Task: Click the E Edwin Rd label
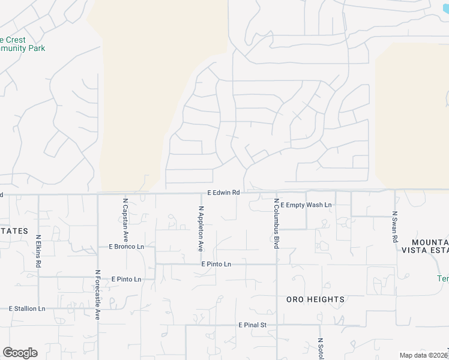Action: tap(223, 193)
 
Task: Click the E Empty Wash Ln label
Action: tap(306, 205)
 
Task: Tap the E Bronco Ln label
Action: tap(126, 247)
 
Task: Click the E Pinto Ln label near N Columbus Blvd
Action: tap(216, 264)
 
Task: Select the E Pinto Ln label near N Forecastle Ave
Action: tap(126, 279)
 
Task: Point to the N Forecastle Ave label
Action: tap(97, 294)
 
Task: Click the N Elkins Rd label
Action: tap(38, 251)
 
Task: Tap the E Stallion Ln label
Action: tap(27, 308)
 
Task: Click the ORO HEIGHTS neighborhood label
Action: tap(315, 299)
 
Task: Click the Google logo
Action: tap(20, 352)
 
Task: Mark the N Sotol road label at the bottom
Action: tap(321, 349)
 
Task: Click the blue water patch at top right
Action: tap(445, 7)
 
